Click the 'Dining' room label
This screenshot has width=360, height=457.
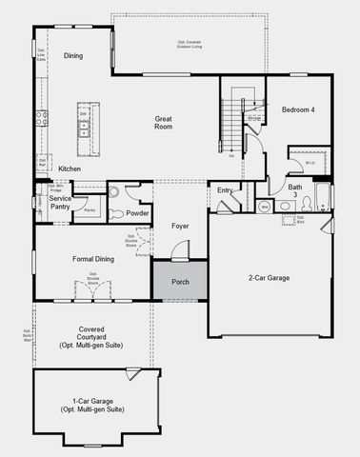(x=73, y=56)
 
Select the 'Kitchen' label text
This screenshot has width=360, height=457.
(x=70, y=169)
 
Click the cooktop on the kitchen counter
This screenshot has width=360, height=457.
(x=42, y=119)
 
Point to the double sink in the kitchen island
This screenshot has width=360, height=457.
(x=85, y=124)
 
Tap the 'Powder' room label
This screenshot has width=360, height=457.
(x=138, y=213)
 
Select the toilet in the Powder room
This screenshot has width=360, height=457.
(x=113, y=191)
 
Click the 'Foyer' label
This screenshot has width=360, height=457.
(x=180, y=226)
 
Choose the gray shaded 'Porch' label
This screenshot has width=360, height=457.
(x=180, y=283)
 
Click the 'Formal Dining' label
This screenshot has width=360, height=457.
(x=93, y=259)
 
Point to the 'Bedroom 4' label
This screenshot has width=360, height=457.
(x=297, y=110)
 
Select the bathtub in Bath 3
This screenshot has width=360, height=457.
(x=322, y=198)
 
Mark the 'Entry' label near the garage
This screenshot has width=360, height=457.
(x=225, y=190)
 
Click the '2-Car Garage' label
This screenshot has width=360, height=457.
(x=270, y=278)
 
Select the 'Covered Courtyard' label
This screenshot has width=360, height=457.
(x=91, y=333)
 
